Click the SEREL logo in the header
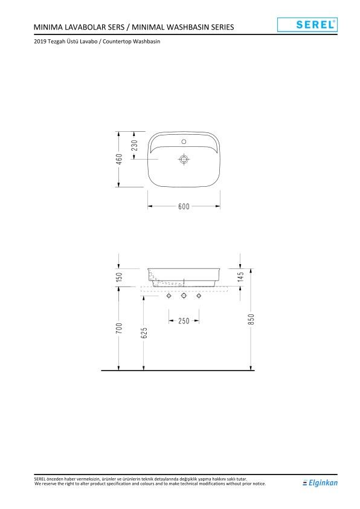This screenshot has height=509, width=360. [306, 24]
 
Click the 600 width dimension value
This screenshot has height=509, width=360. [184, 206]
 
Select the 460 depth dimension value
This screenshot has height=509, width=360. [120, 158]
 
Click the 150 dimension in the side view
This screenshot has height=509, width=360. [120, 276]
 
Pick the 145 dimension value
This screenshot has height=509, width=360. [240, 277]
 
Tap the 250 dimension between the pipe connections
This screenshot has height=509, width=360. [184, 321]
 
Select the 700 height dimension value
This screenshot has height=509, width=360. [120, 328]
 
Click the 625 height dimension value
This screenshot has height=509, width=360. [144, 332]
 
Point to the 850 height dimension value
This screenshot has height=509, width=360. [251, 319]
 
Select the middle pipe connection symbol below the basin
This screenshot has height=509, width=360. [184, 297]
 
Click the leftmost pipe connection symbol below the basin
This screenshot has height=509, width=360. [169, 297]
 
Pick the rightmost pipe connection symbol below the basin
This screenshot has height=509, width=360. [199, 297]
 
